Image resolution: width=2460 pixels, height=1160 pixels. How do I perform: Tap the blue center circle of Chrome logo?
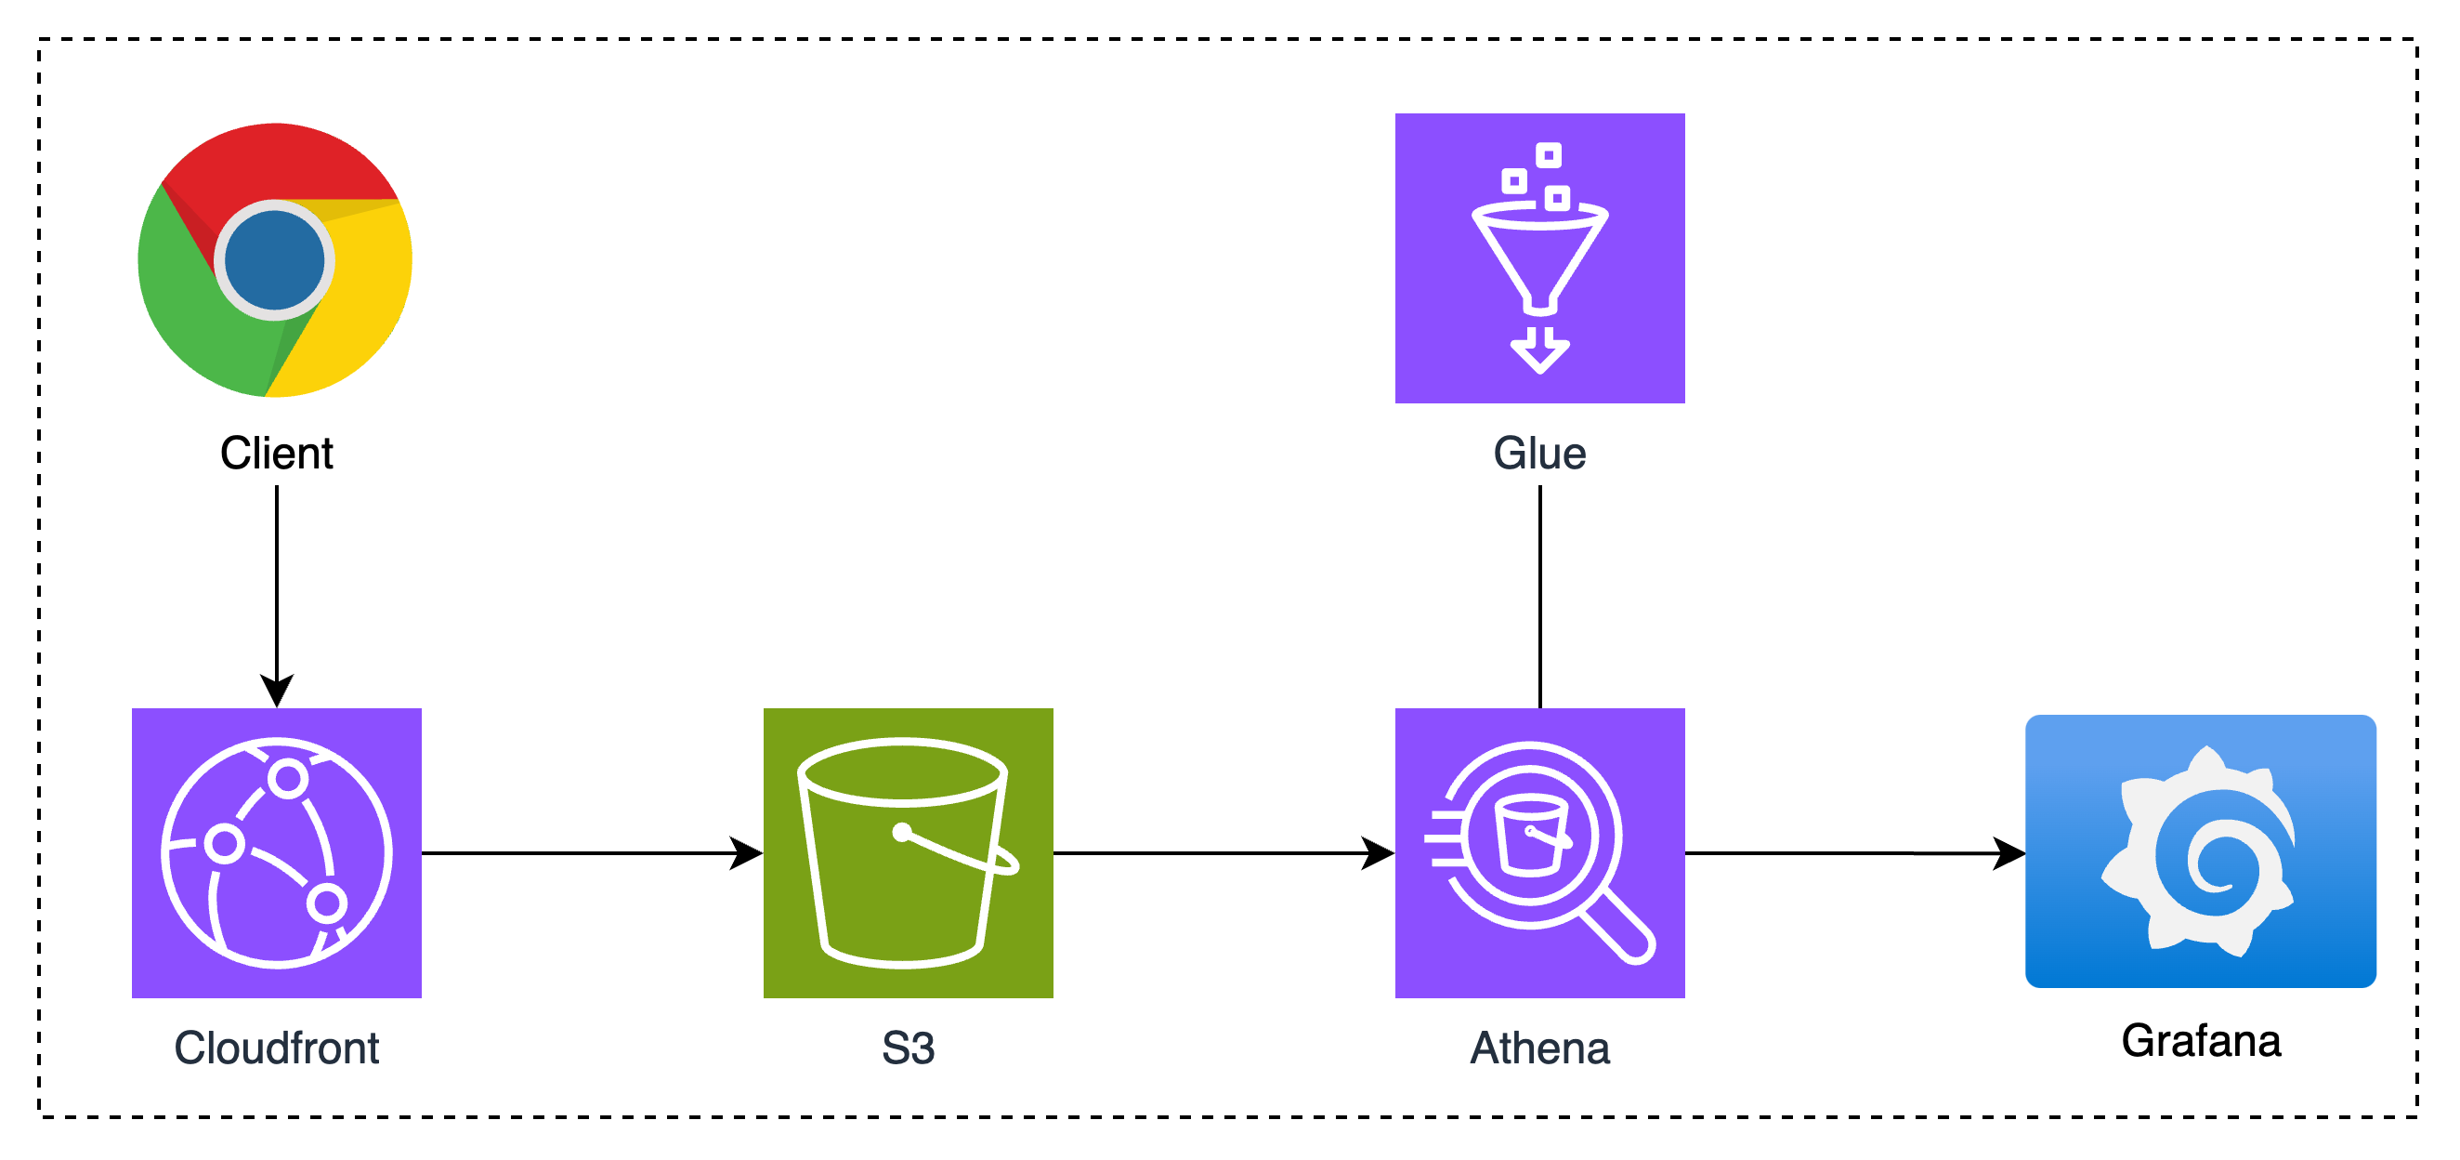point(275,260)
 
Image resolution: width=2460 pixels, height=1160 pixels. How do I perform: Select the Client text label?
point(277,453)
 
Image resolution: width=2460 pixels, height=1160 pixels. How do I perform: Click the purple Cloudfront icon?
point(277,852)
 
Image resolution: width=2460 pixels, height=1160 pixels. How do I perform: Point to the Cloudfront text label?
point(277,1048)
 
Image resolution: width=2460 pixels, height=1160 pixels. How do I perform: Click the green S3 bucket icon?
point(909,852)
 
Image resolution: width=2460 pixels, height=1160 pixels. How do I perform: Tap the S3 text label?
point(909,1048)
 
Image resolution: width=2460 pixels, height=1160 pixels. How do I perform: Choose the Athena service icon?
point(1539,852)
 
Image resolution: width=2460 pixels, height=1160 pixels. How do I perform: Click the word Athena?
point(1539,1048)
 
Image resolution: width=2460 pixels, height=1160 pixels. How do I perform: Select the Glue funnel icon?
point(1539,258)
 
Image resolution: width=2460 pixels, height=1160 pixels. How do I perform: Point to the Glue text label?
point(1539,453)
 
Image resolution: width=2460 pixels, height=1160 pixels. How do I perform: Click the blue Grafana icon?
point(2200,850)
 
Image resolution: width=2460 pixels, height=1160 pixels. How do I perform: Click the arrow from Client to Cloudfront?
point(277,592)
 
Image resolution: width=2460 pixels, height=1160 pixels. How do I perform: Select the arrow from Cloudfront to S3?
point(592,852)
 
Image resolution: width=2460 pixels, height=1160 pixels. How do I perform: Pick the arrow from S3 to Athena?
point(1223,852)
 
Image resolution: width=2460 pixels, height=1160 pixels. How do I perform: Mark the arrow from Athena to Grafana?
point(1852,852)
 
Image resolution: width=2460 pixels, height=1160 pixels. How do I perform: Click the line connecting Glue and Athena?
point(1539,598)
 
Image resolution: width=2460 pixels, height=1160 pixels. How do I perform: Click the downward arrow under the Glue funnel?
point(1539,350)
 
